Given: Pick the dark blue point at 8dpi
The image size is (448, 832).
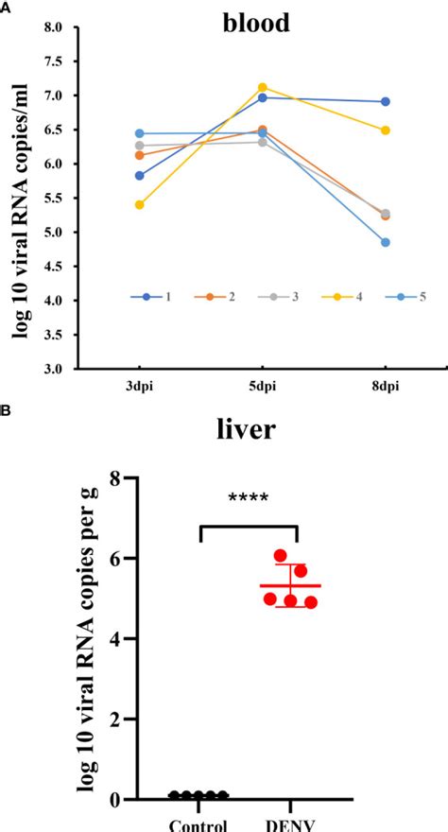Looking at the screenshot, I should click(386, 101).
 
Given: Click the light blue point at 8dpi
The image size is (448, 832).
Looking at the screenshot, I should click(386, 242).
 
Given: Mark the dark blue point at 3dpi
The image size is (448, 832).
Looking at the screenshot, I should click(140, 175).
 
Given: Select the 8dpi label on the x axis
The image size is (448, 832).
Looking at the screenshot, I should click(386, 386).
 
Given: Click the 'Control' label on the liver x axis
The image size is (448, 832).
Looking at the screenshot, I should click(199, 823).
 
